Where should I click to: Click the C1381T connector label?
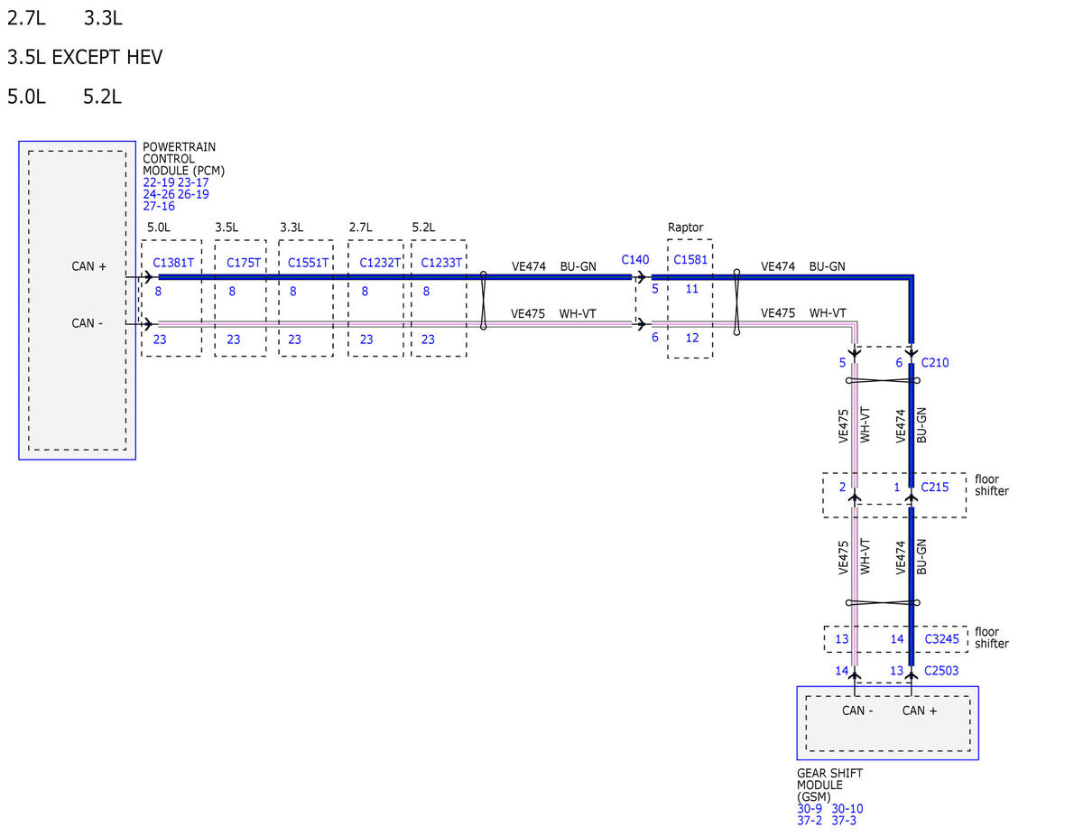coord(173,263)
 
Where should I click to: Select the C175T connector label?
coord(243,263)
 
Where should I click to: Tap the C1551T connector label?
coord(308,263)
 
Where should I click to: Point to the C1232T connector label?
coord(380,263)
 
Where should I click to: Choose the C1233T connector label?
coord(441,263)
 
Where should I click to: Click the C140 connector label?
coord(635,260)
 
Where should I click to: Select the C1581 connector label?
coord(690,260)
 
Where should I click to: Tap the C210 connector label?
coord(934,363)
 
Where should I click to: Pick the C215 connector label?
coord(934,487)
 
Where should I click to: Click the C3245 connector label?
coord(941,639)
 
